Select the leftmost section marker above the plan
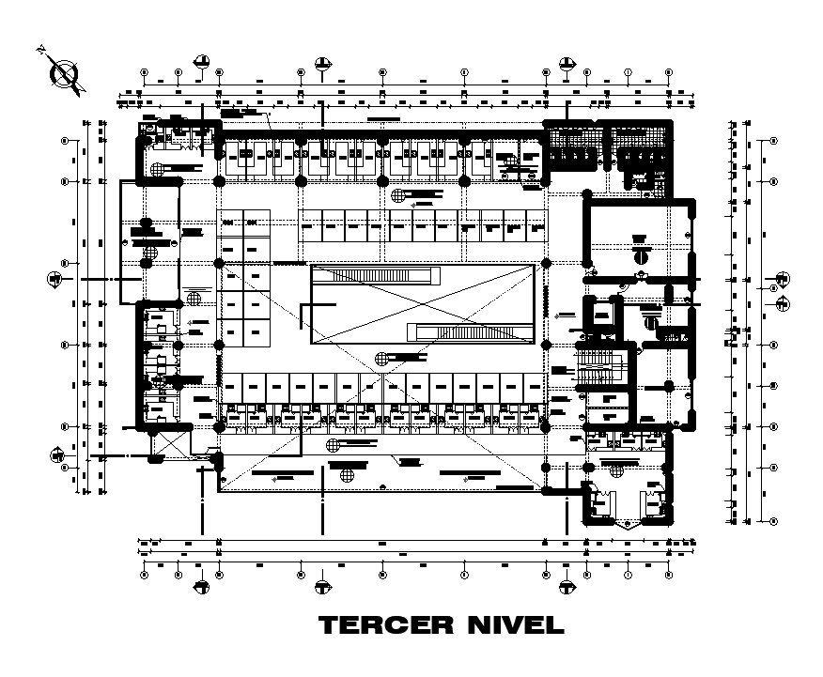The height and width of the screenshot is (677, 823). coord(202,63)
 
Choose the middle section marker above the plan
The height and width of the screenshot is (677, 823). coord(322,63)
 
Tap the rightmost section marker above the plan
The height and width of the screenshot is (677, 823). coord(567,63)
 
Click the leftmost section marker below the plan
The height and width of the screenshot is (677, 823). coord(202,588)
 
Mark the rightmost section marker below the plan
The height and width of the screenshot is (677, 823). coord(567,588)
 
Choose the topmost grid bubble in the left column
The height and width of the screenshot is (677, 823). coord(65,141)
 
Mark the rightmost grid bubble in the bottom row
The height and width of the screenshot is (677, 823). coord(669,574)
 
